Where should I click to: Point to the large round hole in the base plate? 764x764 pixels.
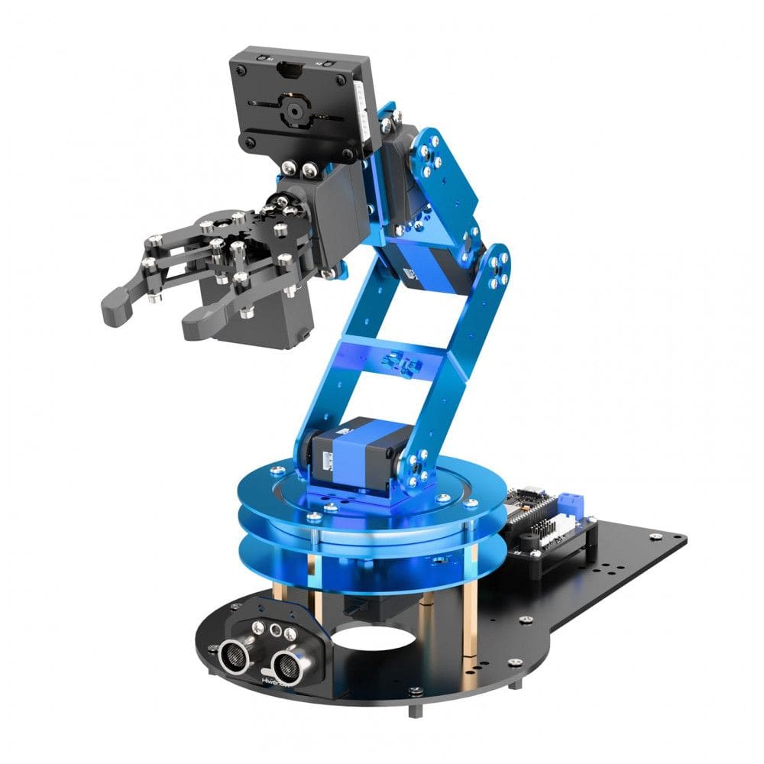[x=367, y=635]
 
